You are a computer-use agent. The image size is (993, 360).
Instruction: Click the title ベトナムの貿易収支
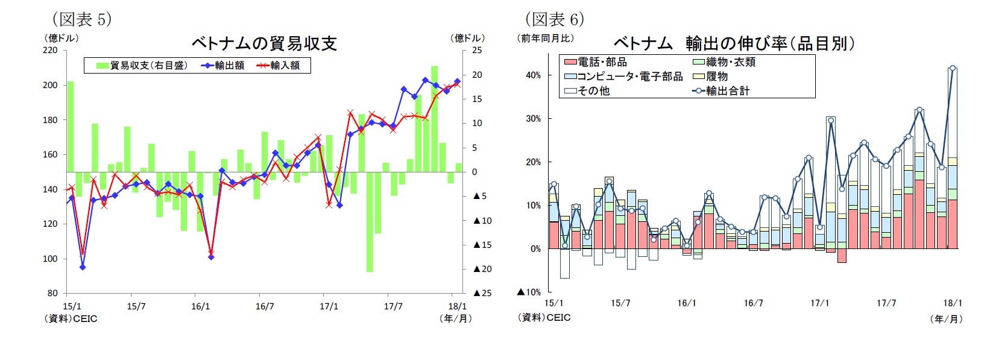click(x=264, y=43)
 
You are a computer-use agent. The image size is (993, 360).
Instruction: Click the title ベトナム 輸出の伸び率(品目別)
click(x=734, y=43)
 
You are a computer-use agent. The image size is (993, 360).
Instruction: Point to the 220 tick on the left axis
click(x=51, y=50)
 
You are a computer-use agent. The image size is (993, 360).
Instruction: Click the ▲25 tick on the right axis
click(x=482, y=293)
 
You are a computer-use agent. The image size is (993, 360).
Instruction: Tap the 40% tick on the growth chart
click(x=533, y=75)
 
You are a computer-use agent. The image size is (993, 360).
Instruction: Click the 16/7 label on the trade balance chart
click(x=265, y=306)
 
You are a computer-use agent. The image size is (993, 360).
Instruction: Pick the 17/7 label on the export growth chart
click(x=886, y=303)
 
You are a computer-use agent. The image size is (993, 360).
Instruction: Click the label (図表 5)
click(x=81, y=19)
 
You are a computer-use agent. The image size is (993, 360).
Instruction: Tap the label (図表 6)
click(x=554, y=19)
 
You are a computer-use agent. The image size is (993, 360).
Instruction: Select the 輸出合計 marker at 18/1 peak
click(x=953, y=68)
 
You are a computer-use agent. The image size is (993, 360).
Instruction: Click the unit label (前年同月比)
click(x=545, y=38)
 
